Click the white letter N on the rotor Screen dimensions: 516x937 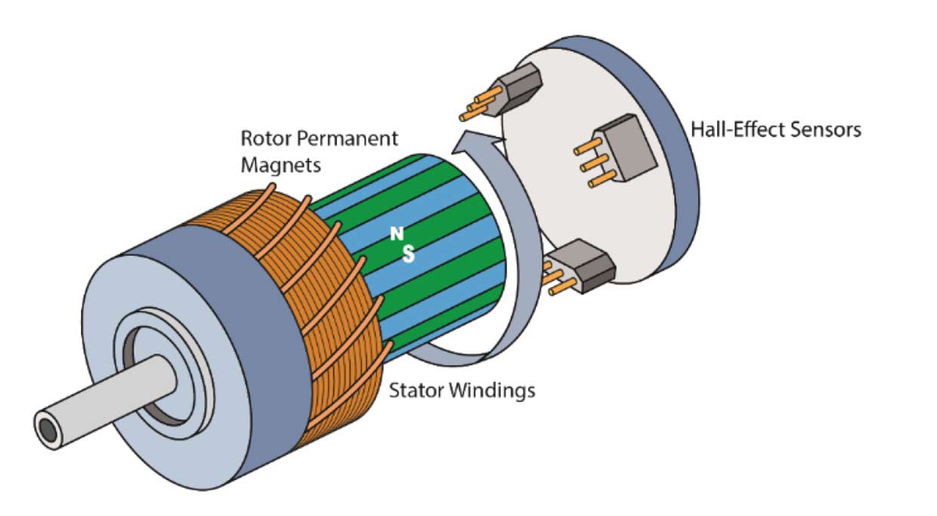395,235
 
